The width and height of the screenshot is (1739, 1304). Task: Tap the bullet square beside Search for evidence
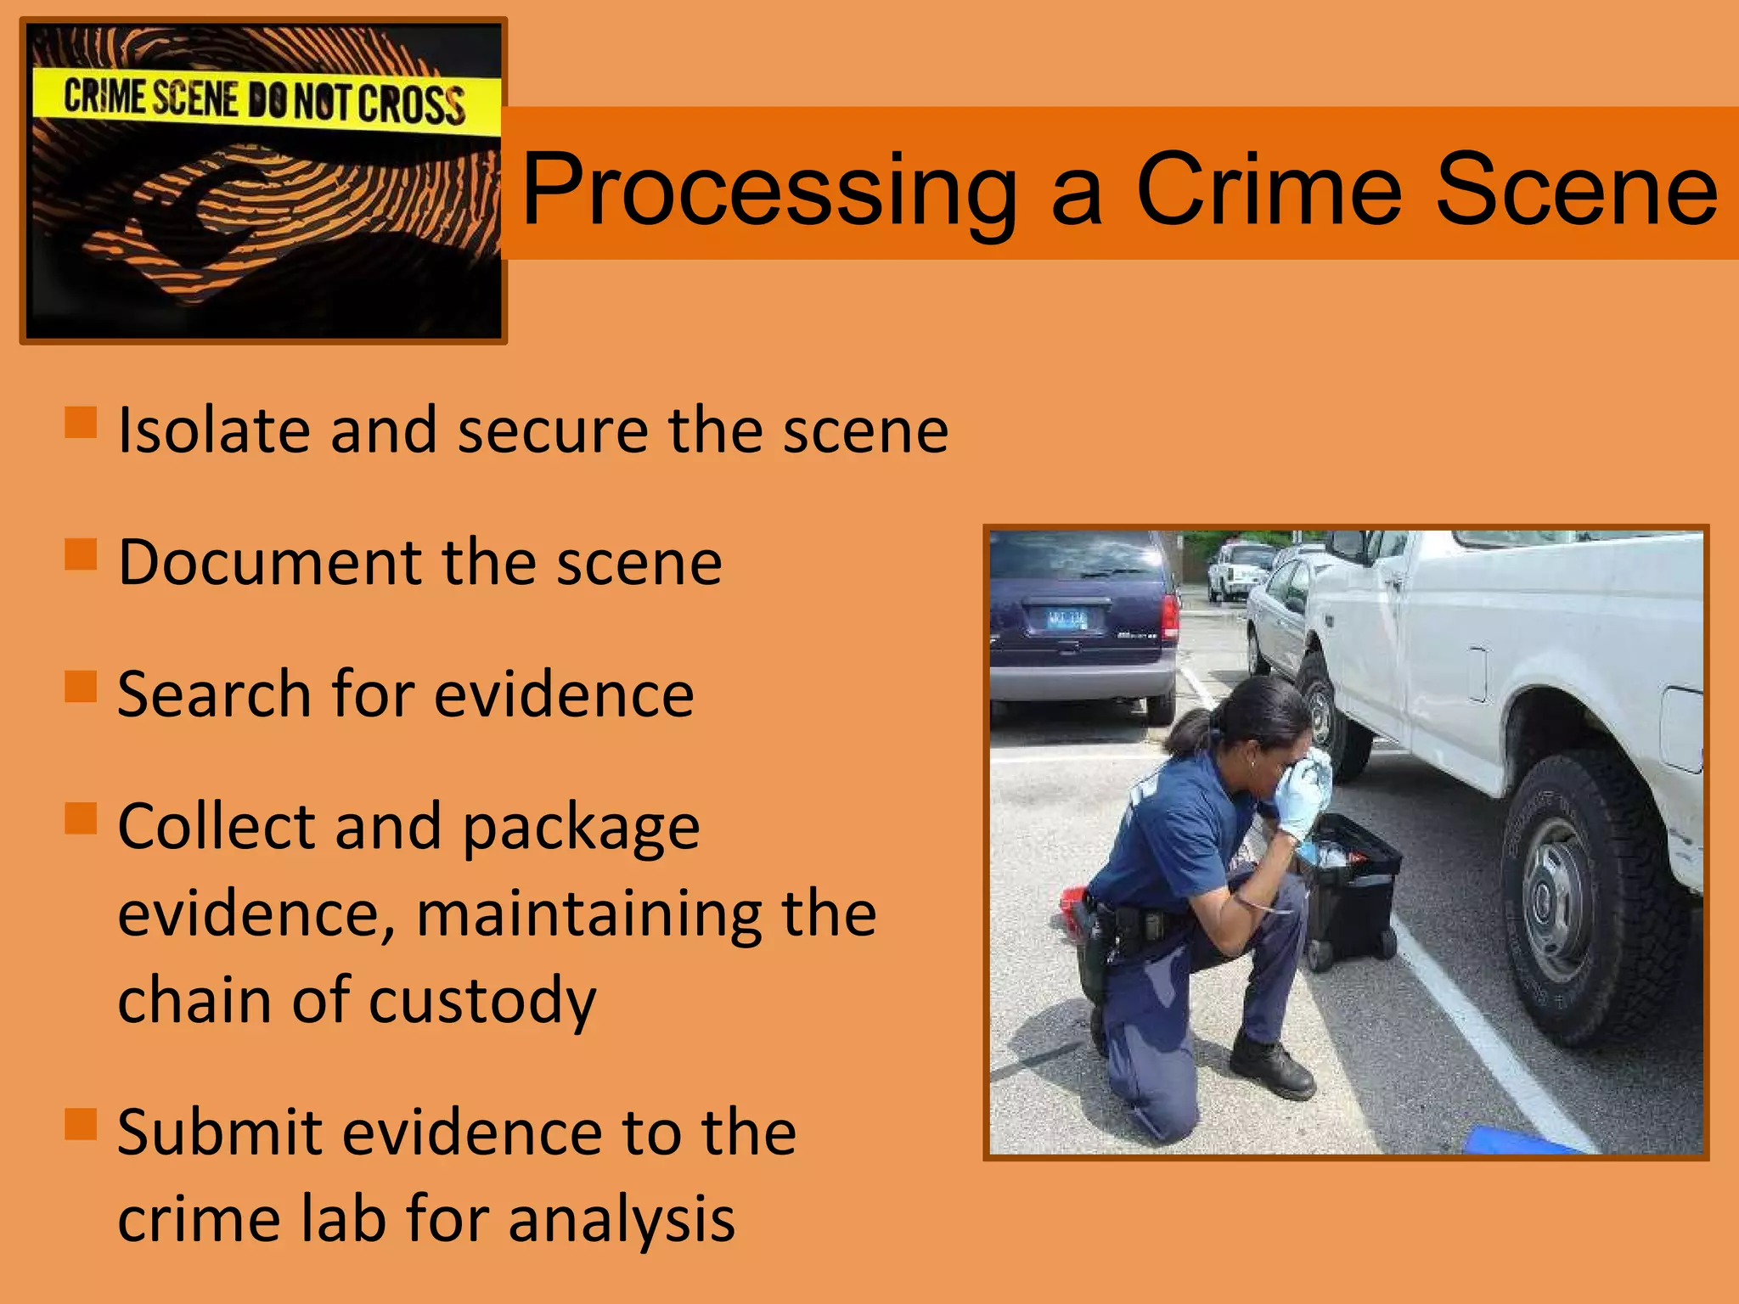(81, 687)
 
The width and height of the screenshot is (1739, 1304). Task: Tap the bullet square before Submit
(81, 1124)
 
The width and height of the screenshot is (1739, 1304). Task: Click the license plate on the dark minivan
(1066, 620)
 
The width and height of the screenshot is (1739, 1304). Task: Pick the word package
(581, 829)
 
